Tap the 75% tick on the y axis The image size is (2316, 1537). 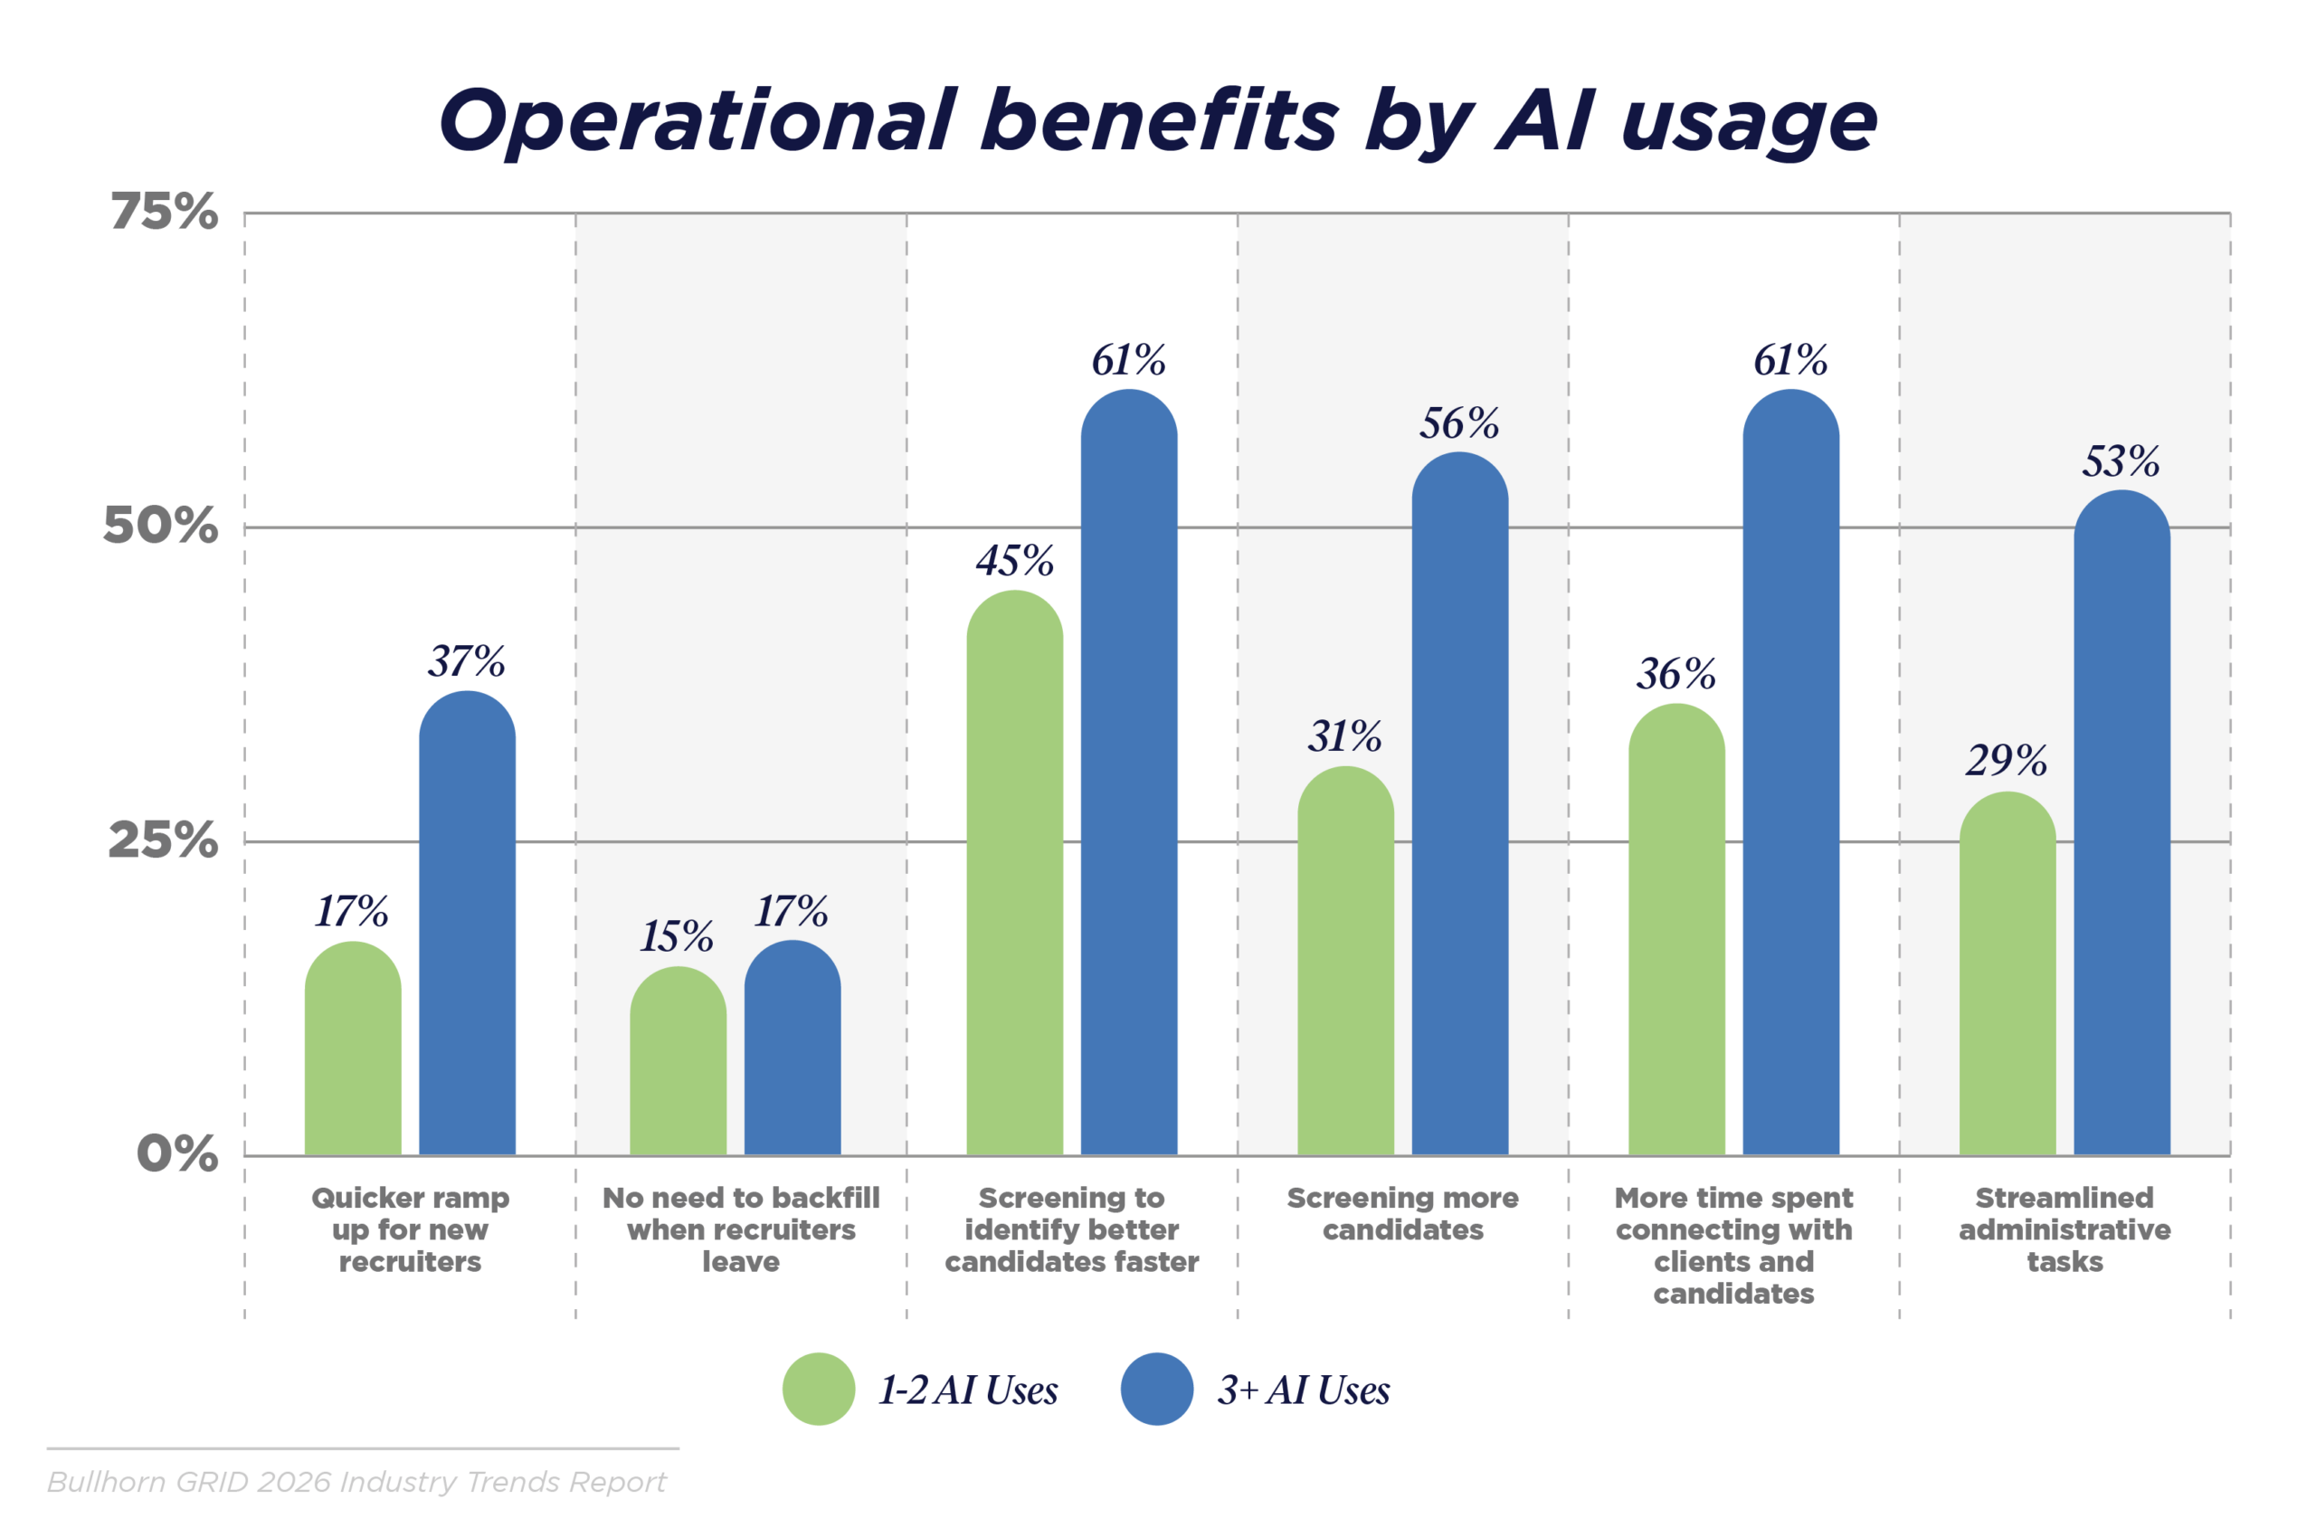(164, 211)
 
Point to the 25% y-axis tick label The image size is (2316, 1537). (163, 840)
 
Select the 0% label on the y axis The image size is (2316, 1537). (177, 1153)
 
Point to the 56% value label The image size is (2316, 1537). (1459, 423)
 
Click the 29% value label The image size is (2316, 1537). (2007, 760)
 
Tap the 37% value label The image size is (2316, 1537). (467, 661)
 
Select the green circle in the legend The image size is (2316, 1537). (819, 1389)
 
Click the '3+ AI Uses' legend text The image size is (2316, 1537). (1303, 1390)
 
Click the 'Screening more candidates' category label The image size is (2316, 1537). (1402, 1213)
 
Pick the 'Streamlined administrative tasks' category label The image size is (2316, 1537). (2064, 1229)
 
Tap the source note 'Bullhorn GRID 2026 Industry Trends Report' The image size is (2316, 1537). (356, 1481)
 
